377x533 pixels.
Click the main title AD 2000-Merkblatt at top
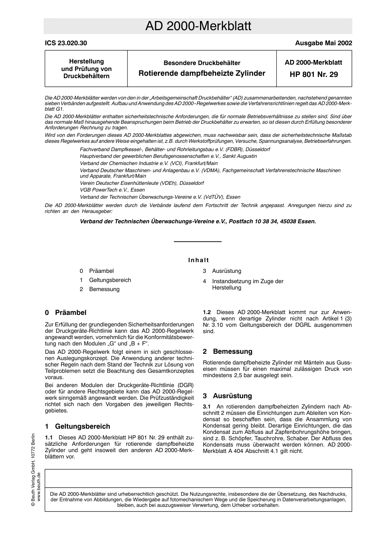tap(198, 26)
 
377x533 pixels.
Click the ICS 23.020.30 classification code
tap(66, 43)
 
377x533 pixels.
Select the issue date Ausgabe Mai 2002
tap(323, 43)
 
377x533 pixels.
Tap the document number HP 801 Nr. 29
tap(314, 74)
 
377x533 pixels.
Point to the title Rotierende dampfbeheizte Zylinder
tap(202, 73)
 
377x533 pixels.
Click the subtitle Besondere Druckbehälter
tap(202, 63)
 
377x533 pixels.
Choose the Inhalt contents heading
tap(198, 260)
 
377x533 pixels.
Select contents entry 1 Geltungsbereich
tap(105, 280)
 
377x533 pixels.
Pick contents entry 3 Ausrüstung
tap(222, 271)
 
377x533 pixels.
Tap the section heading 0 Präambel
tap(65, 313)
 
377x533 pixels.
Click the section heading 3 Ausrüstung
tap(227, 396)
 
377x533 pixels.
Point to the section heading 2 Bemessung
tap(227, 351)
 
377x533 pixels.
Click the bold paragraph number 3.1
tap(207, 406)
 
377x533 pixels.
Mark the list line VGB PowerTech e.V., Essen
tap(112, 190)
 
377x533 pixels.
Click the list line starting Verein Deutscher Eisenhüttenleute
tap(142, 183)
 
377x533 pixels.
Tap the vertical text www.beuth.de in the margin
tap(39, 488)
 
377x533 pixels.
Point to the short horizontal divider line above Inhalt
tap(198, 242)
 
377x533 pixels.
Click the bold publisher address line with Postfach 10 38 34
tap(198, 221)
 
